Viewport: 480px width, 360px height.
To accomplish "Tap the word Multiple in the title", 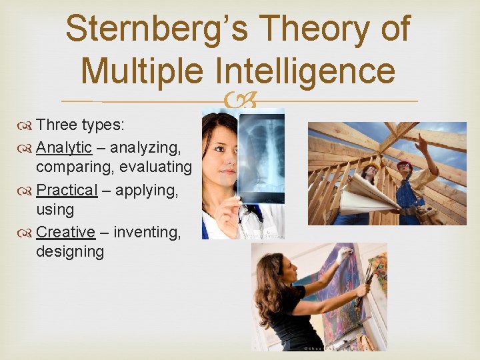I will [143, 70].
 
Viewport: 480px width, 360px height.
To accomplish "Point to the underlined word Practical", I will [67, 190].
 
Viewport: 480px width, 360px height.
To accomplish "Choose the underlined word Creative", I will [65, 232].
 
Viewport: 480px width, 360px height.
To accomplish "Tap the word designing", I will [70, 252].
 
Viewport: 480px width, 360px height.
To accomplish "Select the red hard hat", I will [404, 165].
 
